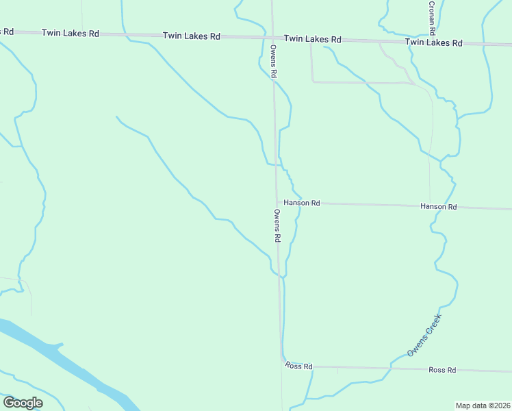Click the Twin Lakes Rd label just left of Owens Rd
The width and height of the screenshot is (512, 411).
point(191,36)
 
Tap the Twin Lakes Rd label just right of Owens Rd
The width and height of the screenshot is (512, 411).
point(312,39)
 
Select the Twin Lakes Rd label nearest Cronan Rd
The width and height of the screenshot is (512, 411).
point(433,42)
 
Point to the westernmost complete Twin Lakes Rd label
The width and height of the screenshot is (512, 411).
point(70,33)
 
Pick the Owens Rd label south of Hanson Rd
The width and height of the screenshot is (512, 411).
point(277,226)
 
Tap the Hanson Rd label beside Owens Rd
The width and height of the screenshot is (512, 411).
point(302,203)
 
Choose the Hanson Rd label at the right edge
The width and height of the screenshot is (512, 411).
point(438,206)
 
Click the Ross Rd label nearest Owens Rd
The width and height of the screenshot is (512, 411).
point(298,366)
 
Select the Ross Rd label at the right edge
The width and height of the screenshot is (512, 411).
point(442,370)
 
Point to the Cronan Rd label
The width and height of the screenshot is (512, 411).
point(432,18)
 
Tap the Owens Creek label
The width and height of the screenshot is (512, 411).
point(425,334)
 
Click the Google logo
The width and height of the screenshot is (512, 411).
point(23,403)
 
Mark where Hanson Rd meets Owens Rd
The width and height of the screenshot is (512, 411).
point(277,202)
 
